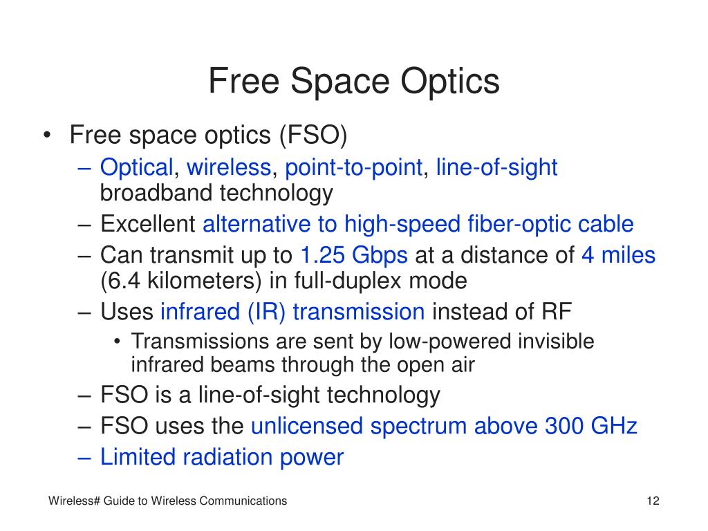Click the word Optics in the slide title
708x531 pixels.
click(450, 82)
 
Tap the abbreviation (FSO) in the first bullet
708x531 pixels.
click(313, 135)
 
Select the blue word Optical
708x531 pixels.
click(137, 167)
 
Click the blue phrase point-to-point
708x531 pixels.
click(353, 167)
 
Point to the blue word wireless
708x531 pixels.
click(229, 167)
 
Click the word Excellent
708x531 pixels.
click(148, 224)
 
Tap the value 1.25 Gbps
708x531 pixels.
click(354, 255)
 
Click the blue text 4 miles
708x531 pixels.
click(618, 254)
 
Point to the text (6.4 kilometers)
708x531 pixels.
click(180, 281)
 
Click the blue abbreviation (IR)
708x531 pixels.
click(266, 312)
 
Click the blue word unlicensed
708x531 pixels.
click(307, 426)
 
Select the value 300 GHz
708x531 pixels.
click(591, 426)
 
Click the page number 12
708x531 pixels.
click(653, 501)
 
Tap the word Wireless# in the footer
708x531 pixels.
click(74, 501)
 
